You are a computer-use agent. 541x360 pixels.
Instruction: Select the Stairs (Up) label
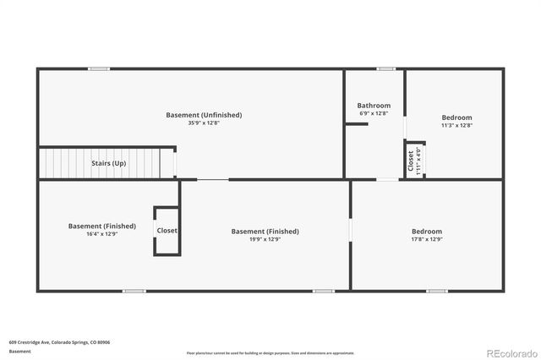(109, 163)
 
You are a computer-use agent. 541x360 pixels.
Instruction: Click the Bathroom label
(374, 105)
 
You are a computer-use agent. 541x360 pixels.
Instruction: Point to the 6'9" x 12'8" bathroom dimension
(374, 113)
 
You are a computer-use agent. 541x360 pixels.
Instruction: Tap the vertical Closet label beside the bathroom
(411, 160)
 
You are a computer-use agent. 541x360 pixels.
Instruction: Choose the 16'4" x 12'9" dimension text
(102, 234)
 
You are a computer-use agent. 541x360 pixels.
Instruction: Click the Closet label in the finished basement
(167, 230)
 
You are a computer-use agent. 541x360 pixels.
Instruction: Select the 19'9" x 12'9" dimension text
(265, 239)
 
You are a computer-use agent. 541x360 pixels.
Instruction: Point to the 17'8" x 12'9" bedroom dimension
(426, 239)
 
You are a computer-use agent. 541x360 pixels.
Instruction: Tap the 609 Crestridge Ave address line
(59, 342)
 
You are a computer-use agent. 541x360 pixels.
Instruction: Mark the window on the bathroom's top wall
(386, 68)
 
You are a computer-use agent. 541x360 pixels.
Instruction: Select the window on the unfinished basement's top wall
(99, 68)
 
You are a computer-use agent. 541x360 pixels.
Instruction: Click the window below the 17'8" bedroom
(436, 291)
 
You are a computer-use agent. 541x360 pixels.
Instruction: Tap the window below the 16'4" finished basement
(134, 291)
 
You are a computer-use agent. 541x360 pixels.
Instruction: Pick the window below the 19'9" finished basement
(323, 291)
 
